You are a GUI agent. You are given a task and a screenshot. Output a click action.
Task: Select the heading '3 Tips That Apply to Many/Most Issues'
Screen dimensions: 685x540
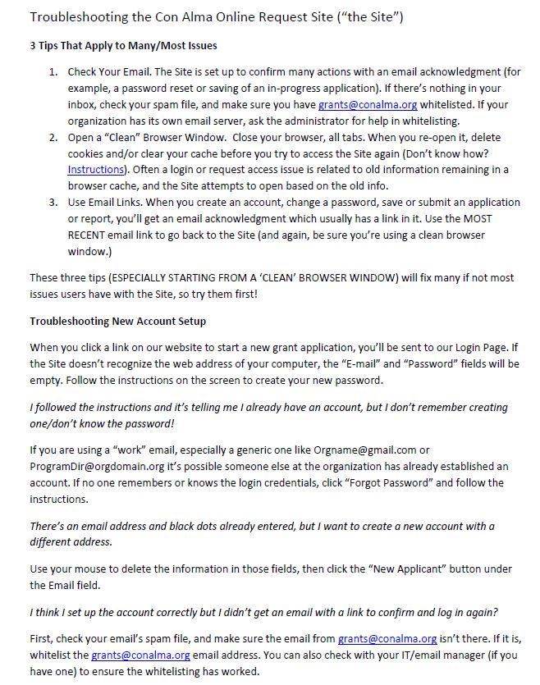[x=123, y=45]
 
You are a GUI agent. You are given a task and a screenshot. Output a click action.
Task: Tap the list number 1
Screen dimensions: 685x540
[x=52, y=72]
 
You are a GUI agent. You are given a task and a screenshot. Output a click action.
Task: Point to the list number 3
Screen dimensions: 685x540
[x=52, y=203]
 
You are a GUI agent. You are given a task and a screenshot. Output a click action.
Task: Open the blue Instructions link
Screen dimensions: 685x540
[x=97, y=170]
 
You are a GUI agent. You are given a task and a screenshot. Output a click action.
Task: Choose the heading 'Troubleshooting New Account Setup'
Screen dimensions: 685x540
[x=117, y=321]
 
